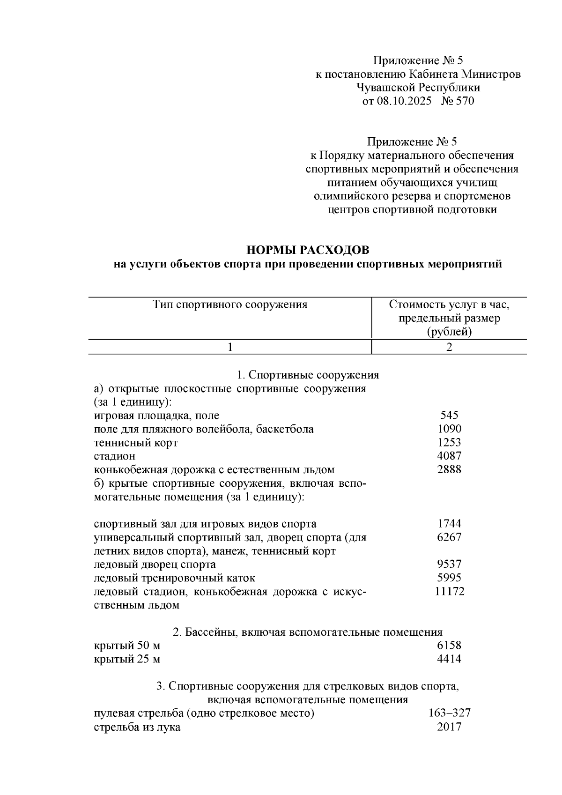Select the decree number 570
[x=464, y=101]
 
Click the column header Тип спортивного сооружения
[x=230, y=305]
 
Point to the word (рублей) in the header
[x=449, y=332]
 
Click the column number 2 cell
[x=449, y=347]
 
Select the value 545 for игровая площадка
[x=449, y=415]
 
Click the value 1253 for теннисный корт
[x=449, y=442]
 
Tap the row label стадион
[x=115, y=456]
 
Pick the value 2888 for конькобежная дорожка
[x=449, y=469]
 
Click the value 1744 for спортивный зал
[x=449, y=524]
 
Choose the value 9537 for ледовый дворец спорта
[x=449, y=565]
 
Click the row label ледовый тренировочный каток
[x=175, y=578]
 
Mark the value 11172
[x=449, y=592]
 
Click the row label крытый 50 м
[x=127, y=646]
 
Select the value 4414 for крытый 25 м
[x=449, y=659]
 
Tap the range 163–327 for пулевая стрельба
[x=449, y=713]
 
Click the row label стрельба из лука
[x=137, y=727]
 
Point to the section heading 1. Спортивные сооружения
[x=308, y=375]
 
